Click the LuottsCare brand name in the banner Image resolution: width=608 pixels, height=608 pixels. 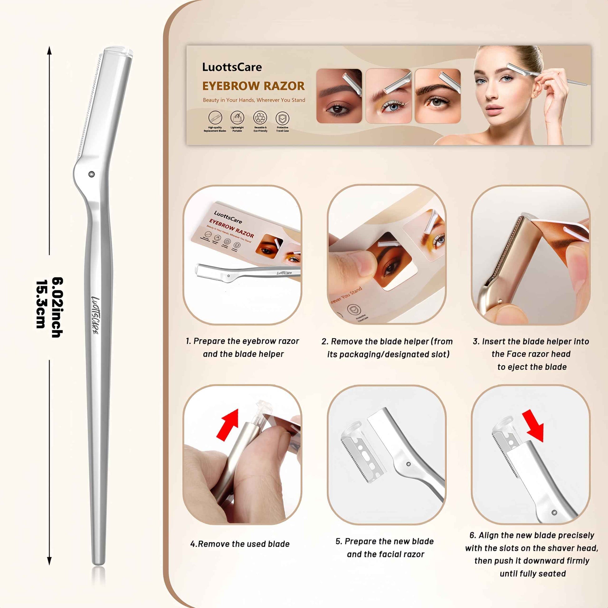[x=232, y=67]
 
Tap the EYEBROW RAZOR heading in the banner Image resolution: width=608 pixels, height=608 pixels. [x=253, y=86]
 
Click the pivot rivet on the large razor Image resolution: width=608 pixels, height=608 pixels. [x=92, y=174]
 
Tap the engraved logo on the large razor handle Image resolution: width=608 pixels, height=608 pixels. [x=95, y=315]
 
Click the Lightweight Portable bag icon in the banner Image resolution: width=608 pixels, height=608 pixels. [x=237, y=118]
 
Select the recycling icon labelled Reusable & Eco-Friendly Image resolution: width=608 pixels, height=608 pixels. [x=260, y=118]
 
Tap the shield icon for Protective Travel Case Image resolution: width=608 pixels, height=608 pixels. [x=282, y=118]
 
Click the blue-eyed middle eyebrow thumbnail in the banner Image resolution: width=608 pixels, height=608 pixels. [x=389, y=96]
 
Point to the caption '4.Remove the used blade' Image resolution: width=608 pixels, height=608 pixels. [x=240, y=544]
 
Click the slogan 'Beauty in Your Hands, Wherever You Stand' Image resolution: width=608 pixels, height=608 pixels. [x=254, y=100]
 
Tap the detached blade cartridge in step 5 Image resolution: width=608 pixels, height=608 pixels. [x=361, y=453]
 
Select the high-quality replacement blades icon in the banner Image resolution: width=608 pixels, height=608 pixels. [x=215, y=118]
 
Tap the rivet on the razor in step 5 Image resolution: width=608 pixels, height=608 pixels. [x=408, y=464]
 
